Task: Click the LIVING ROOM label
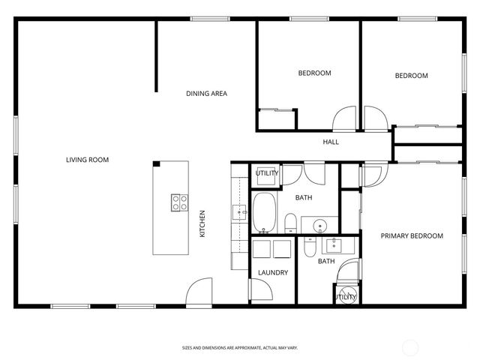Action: point(88,160)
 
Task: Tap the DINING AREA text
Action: point(206,94)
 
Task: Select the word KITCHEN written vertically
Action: point(202,223)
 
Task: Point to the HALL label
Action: point(331,142)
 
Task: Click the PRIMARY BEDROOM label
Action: point(412,236)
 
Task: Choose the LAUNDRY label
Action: point(273,272)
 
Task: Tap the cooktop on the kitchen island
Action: point(180,201)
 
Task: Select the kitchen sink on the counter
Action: point(240,212)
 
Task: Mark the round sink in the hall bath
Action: point(319,224)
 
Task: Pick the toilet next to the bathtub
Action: point(289,223)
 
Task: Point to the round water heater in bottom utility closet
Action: point(346,295)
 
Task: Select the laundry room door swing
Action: point(259,290)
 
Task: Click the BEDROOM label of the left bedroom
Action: point(314,73)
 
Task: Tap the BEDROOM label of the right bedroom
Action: point(411,76)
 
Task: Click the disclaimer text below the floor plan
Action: point(239,348)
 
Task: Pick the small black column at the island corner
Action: point(156,163)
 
